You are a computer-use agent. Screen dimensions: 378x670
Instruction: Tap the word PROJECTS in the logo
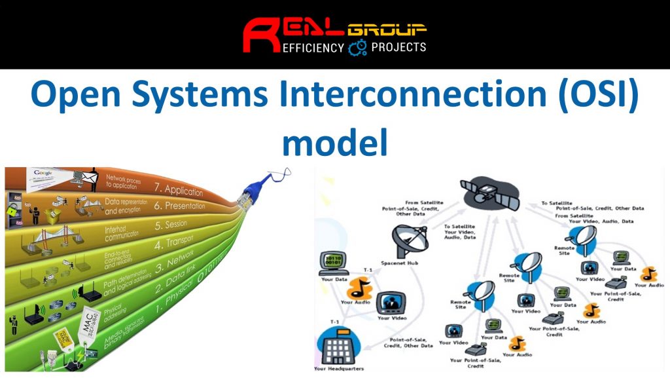click(398, 47)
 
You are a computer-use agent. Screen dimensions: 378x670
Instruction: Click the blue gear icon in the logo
click(357, 47)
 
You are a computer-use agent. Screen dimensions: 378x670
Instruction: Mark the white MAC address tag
click(90, 328)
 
